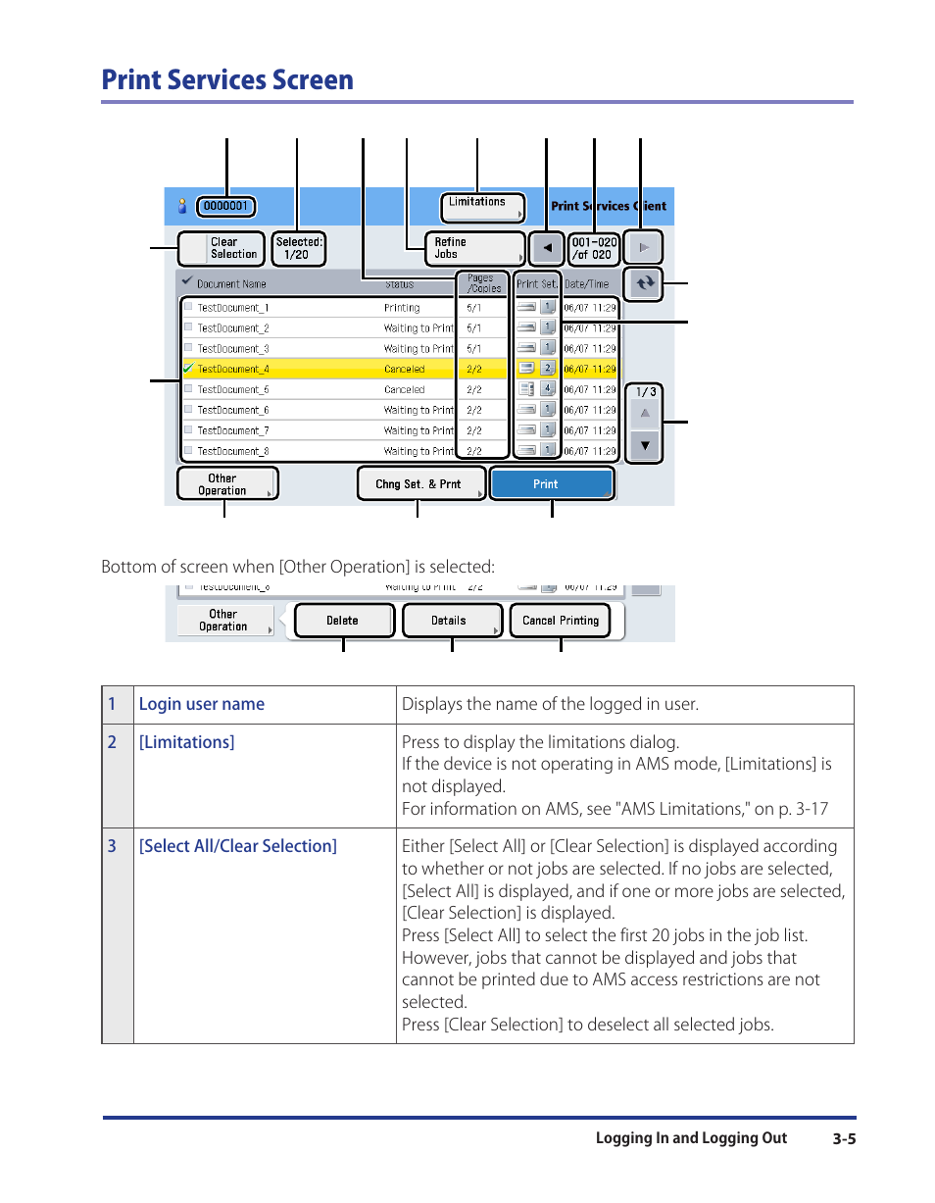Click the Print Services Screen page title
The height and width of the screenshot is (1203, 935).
pos(227,79)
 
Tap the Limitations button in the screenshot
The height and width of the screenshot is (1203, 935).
pos(482,207)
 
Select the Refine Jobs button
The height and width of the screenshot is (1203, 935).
pos(475,248)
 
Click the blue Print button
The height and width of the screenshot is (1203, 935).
pos(552,484)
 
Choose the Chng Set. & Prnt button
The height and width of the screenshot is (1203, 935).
pos(421,484)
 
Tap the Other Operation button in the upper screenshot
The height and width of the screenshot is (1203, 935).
pos(226,484)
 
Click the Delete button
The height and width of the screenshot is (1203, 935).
pos(343,621)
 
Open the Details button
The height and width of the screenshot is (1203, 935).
pos(451,621)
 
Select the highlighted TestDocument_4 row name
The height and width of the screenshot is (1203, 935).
pos(233,370)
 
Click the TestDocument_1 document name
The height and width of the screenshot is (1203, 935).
pos(233,308)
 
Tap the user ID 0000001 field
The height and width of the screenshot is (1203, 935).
pos(226,207)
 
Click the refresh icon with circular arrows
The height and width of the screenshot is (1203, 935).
pos(644,283)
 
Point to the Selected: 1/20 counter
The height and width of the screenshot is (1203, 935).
pos(298,248)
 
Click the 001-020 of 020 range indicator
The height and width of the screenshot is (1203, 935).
pos(594,248)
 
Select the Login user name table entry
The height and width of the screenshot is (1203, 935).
pos(202,704)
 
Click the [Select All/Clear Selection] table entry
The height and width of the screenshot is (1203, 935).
pos(237,846)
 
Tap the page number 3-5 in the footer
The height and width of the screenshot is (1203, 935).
pos(845,1139)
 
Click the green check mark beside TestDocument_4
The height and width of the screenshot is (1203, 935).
pos(187,369)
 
